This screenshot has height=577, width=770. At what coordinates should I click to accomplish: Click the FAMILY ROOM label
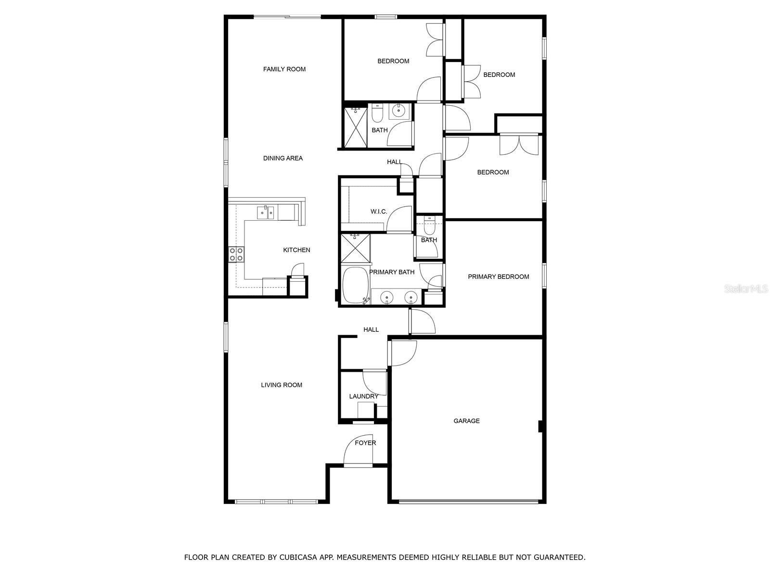point(284,69)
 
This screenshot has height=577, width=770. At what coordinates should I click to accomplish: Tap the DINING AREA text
point(282,158)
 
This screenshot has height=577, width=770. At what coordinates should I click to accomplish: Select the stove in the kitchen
point(236,254)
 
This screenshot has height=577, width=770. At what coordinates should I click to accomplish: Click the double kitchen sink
point(265,212)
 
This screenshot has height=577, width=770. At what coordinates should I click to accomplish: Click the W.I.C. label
point(379,212)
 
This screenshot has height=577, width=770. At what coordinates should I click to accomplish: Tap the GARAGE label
point(466,421)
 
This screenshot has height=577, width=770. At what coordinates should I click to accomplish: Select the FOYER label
point(365,443)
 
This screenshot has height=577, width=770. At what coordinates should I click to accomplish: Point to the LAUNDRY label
point(363,396)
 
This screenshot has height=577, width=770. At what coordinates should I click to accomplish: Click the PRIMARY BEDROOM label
point(498,276)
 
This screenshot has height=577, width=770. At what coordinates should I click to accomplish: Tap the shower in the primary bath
point(355,248)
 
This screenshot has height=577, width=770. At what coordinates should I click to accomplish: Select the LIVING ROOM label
point(282,385)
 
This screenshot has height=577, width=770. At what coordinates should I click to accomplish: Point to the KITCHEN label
point(296,250)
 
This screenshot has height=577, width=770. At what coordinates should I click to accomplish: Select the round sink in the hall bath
point(399,111)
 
